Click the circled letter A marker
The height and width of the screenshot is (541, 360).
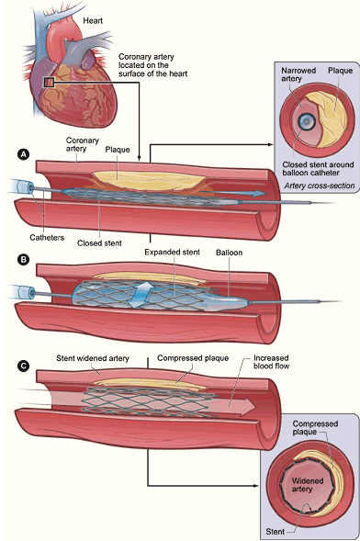point(23,154)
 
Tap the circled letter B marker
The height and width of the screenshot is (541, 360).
point(23,259)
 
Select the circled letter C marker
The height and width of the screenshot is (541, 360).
point(23,366)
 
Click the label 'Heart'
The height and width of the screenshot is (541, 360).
point(93,21)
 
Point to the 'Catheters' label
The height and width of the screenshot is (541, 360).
point(47,237)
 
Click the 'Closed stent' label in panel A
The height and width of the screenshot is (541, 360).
point(99,243)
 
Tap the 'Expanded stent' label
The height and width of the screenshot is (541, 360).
point(172,253)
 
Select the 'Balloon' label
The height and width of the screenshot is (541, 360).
point(230,253)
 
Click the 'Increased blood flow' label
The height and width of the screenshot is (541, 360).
point(272,362)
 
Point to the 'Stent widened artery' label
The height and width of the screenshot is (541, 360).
point(93,358)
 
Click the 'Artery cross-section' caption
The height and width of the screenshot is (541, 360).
point(320,186)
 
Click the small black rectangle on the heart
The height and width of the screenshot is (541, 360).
point(49,83)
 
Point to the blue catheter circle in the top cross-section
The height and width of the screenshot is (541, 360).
point(305,121)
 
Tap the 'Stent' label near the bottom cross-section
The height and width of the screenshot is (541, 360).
point(276,532)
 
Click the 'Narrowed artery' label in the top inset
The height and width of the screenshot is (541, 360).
point(298,74)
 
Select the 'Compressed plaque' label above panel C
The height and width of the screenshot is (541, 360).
point(193,358)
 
